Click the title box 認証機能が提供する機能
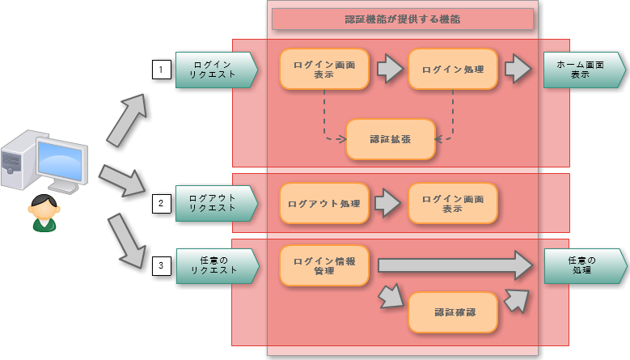(402, 19)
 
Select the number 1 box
(161, 70)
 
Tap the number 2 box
(161, 203)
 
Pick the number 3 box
(161, 265)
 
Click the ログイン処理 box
(453, 70)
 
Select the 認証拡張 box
(390, 139)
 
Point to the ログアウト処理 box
(324, 203)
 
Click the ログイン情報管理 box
(324, 265)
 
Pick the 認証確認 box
(452, 312)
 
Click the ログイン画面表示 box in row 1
(324, 70)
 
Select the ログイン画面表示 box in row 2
(452, 203)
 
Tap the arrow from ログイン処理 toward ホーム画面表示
(518, 70)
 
